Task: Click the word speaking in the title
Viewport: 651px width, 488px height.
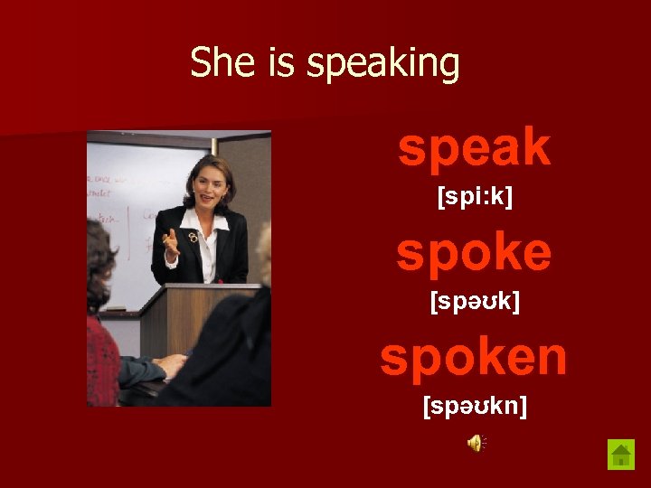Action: coord(383,65)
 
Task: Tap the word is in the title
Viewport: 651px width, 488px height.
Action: coord(276,63)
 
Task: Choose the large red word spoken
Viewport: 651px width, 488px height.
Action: coord(474,356)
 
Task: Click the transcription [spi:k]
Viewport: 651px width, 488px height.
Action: coord(475,196)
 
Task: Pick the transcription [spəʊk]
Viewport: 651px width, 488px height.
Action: coord(475,301)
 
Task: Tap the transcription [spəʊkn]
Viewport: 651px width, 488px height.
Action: coord(475,406)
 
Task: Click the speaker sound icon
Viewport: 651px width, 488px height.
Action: coord(476,442)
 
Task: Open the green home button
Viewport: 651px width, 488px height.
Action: coord(620,454)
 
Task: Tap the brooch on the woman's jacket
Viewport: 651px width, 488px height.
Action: coord(193,237)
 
